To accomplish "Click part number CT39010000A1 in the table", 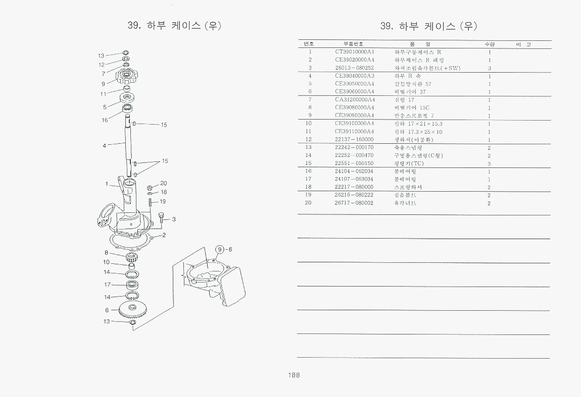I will [x=354, y=51].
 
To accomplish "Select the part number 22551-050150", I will [x=354, y=163].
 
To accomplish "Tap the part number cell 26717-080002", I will [x=354, y=203].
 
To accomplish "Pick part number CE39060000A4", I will [x=354, y=91].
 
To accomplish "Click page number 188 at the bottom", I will [x=294, y=375].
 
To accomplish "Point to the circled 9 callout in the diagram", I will [x=220, y=249].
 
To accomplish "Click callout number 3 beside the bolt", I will [x=173, y=219].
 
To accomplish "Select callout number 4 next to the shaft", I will [x=104, y=146].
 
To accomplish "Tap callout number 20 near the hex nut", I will [x=163, y=183].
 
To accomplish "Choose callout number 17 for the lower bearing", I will [x=107, y=285].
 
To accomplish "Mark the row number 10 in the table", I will [x=309, y=123].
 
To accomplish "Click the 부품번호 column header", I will [x=353, y=44].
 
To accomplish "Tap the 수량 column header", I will [x=489, y=44].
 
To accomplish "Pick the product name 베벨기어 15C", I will [x=412, y=107].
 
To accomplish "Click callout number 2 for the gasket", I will [x=164, y=235].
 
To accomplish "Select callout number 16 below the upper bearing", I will [x=105, y=120].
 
